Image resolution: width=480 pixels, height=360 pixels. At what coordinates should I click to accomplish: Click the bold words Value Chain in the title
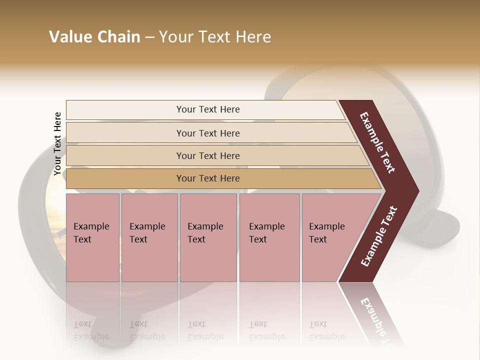(x=94, y=37)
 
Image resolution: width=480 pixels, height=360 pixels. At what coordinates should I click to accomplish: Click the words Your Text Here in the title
(x=215, y=37)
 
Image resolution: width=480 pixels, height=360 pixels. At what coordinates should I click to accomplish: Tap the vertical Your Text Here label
(x=57, y=143)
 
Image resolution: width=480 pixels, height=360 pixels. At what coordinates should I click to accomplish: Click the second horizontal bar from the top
(x=208, y=133)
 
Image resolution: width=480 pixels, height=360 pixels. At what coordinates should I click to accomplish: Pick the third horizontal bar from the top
(x=208, y=155)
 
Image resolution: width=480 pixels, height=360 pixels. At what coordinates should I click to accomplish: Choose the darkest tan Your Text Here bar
(x=208, y=178)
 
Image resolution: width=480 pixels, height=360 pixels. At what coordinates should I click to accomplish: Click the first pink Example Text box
(x=92, y=237)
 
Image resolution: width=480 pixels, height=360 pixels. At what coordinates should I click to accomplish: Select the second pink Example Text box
(x=149, y=237)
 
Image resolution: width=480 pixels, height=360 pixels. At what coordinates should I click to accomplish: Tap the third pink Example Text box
(x=208, y=237)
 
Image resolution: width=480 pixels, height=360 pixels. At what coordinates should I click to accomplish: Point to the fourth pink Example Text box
(x=269, y=237)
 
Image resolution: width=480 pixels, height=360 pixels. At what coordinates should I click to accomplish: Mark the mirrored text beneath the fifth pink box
(x=326, y=330)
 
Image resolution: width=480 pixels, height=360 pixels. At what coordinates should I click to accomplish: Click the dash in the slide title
(x=149, y=37)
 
